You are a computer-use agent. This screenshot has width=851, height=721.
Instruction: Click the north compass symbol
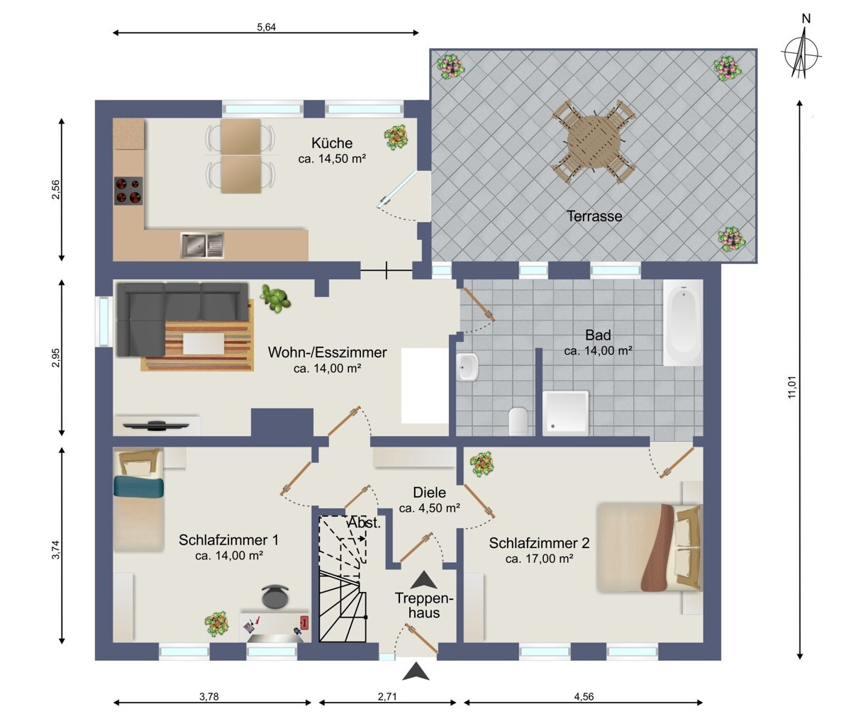pos(801,53)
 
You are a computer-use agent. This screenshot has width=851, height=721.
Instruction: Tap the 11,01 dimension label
pos(791,387)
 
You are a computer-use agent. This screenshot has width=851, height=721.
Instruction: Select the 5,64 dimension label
pos(267,27)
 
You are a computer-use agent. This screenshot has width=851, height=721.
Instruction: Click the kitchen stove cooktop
pos(128,191)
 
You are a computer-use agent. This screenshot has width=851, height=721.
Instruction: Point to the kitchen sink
pos(202,245)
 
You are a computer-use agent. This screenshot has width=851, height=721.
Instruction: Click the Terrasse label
pos(594,216)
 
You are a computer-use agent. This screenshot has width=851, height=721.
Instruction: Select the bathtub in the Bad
pos(683,323)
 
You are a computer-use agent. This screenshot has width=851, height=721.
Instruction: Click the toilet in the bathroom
pos(518,420)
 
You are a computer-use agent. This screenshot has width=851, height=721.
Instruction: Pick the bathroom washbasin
pos(467,367)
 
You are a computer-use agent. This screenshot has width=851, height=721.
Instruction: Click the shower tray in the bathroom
pos(565,413)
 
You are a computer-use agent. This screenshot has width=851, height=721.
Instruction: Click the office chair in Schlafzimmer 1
pos(275,596)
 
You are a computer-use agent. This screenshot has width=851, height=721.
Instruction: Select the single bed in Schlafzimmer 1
pos(139,500)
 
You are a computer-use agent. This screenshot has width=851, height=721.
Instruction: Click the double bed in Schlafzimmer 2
pos(650,547)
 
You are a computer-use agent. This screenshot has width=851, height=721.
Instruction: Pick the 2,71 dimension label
pos(387,697)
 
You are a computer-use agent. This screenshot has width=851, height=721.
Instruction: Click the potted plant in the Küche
pos(396,138)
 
